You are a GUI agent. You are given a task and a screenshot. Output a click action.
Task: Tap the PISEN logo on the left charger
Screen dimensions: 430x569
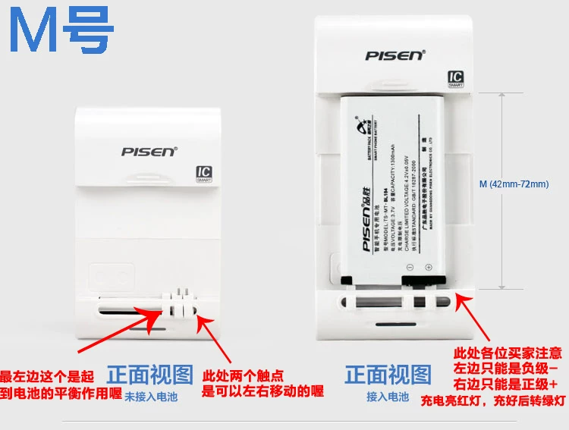click(149, 151)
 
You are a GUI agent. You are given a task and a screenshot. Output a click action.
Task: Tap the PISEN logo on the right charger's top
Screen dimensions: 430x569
click(396, 55)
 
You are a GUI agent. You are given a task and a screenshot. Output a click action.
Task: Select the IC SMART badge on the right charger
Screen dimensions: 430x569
click(455, 80)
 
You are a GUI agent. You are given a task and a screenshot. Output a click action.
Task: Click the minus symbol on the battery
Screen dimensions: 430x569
click(410, 268)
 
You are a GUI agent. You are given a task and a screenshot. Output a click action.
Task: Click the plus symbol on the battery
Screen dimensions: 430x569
click(428, 268)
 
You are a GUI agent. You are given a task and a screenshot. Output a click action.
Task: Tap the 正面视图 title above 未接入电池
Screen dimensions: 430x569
click(149, 375)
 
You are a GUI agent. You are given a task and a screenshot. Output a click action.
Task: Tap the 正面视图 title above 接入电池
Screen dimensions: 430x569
click(388, 375)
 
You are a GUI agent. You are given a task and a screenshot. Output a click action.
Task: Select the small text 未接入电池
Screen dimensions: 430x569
click(150, 397)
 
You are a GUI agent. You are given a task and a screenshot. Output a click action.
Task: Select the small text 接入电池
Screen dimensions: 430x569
click(388, 397)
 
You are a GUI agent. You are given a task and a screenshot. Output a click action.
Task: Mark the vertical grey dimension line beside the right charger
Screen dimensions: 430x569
click(500, 190)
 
